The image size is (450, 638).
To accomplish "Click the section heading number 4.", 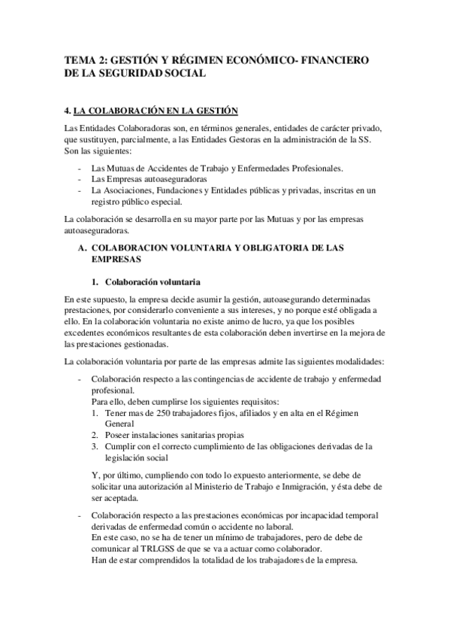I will [x=67, y=111].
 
